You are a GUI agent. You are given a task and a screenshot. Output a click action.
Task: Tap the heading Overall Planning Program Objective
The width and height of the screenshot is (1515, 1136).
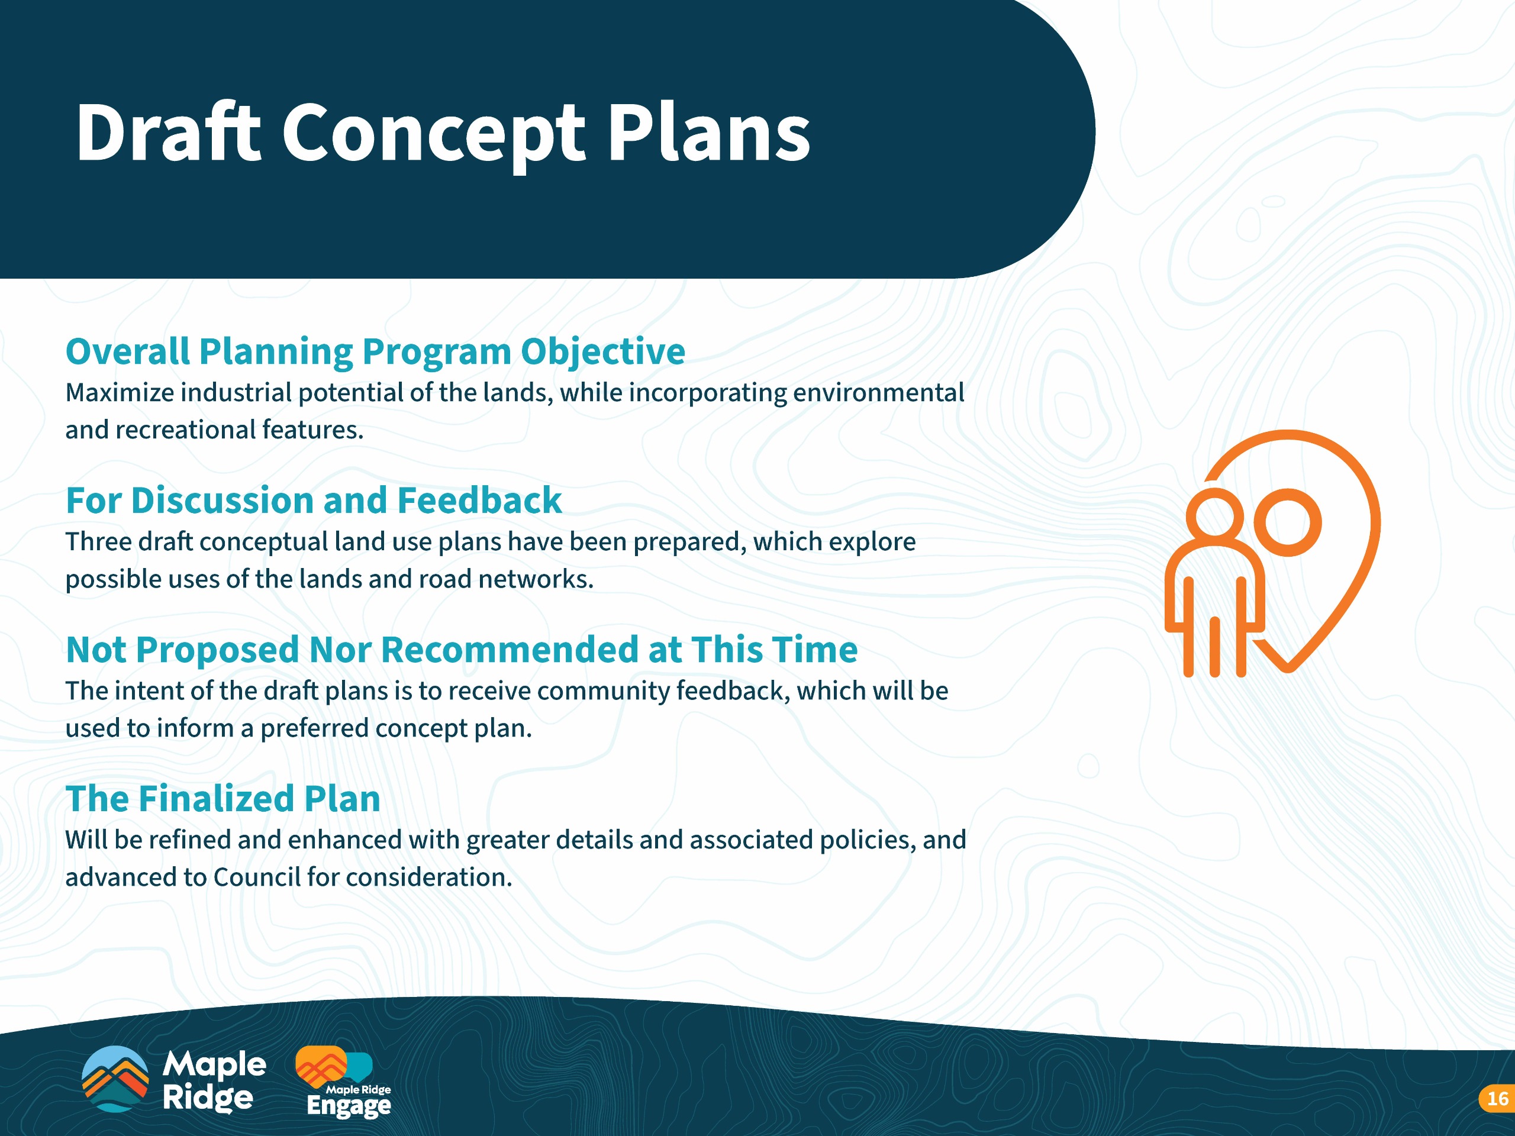(375, 352)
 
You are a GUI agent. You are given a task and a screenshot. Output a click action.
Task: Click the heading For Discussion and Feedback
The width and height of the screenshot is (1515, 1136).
(314, 500)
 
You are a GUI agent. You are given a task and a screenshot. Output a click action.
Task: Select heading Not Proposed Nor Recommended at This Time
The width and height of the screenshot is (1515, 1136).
(462, 649)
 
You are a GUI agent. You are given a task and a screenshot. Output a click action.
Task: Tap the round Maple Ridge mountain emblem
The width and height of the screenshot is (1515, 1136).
(115, 1079)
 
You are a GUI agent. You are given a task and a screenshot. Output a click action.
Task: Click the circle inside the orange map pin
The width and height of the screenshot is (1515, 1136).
(1292, 522)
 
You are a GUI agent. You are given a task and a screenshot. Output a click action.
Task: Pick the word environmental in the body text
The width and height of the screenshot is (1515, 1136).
(879, 392)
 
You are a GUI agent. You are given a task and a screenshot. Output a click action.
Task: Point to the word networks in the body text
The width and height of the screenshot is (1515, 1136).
(536, 579)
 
